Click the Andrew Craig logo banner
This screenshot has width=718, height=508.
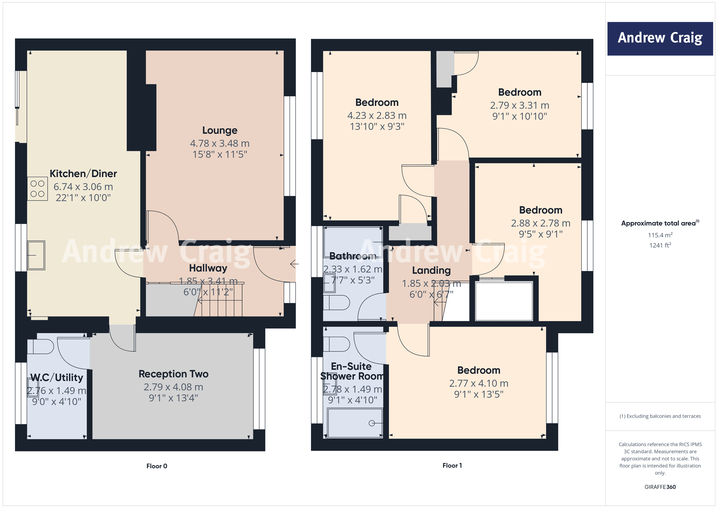coord(660,39)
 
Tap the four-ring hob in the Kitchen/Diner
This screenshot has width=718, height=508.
coord(37,189)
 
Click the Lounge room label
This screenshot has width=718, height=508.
coord(220,130)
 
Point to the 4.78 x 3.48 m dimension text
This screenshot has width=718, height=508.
coord(220,143)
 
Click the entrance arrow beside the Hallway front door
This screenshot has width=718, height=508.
coord(294,264)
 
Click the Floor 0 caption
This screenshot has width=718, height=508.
coord(157,466)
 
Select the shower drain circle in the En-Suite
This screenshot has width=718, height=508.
coord(371,423)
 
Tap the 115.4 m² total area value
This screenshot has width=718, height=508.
coord(660,235)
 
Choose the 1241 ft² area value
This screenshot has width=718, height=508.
coord(660,245)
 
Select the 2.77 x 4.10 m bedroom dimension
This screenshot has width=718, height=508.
coord(478,383)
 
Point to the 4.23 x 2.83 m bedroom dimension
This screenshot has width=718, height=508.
coord(377,115)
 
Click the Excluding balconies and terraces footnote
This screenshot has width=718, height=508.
coord(660,416)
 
